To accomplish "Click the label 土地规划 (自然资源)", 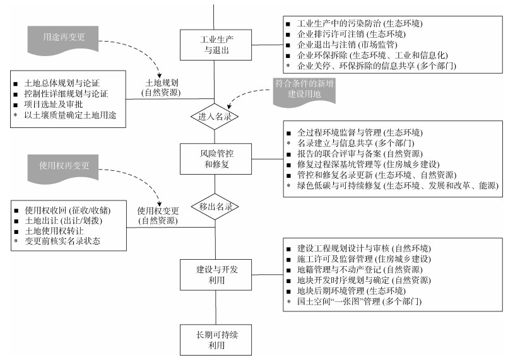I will pyautogui.click(x=161, y=88).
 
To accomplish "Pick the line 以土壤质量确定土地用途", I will pyautogui.click(x=70, y=115).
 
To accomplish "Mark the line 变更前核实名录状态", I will pyautogui.click(x=62, y=241).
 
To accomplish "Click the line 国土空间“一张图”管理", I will pyautogui.click(x=360, y=303).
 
